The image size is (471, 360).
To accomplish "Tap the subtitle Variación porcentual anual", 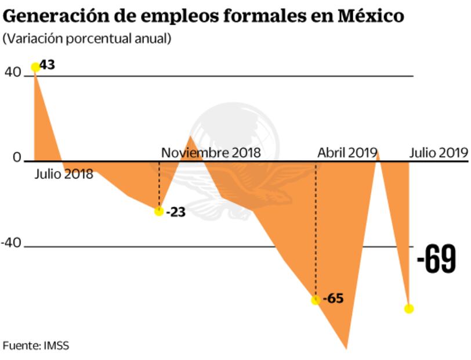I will click(87, 39).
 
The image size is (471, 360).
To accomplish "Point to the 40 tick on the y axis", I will click(13, 73).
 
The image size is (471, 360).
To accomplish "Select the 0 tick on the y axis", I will click(17, 158).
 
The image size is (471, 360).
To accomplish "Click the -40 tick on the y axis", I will click(11, 243).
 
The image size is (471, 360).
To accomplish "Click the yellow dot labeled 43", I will click(35, 67).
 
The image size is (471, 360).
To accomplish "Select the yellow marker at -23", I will click(159, 211).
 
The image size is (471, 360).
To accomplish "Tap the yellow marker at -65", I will click(316, 300).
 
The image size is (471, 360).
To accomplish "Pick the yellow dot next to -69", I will click(409, 308).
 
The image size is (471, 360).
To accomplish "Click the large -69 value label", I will click(437, 260).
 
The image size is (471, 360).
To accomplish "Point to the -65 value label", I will click(334, 300).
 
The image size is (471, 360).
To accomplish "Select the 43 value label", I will click(48, 64).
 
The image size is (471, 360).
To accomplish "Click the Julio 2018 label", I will click(63, 174).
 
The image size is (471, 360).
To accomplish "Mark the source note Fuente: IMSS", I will click(36, 345).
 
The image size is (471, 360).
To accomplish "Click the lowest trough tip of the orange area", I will click(347, 349).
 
